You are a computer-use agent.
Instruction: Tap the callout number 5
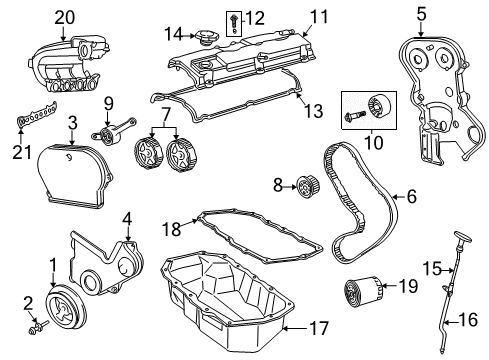point(421,14)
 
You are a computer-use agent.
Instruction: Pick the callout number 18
point(171,231)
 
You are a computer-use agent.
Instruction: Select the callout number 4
point(127,219)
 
